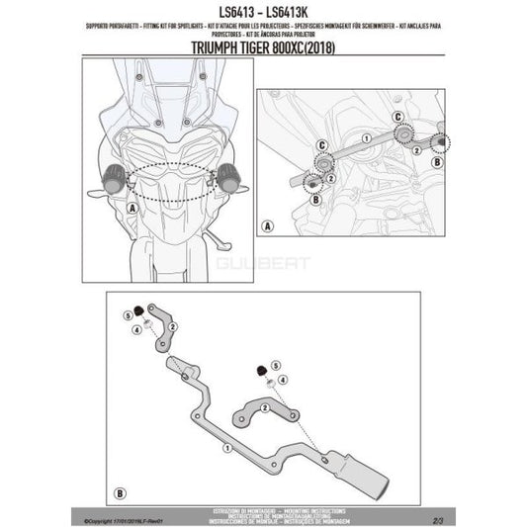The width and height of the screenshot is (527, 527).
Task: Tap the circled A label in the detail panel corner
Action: (x=265, y=226)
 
